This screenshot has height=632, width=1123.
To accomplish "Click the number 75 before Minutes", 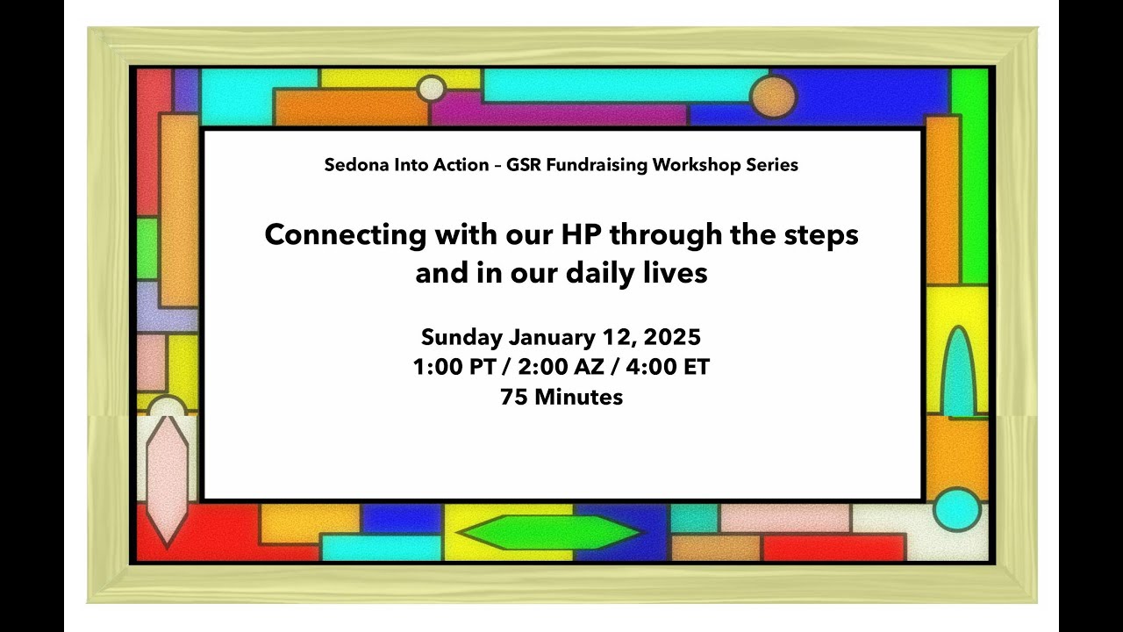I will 514,397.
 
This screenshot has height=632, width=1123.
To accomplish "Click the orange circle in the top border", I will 773,96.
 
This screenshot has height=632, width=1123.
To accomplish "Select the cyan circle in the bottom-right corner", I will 956,509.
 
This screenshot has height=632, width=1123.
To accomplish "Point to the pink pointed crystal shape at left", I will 166,478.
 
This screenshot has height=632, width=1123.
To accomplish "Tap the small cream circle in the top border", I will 431,89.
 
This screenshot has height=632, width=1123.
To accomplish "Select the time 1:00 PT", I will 455,367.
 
